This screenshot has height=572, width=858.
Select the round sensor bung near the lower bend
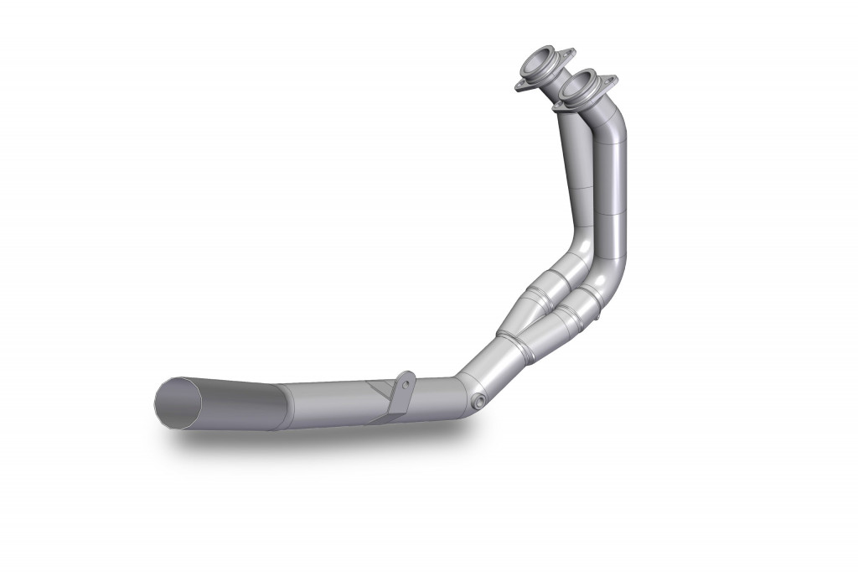pos(479,402)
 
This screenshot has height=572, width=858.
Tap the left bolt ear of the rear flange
pos(514,86)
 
